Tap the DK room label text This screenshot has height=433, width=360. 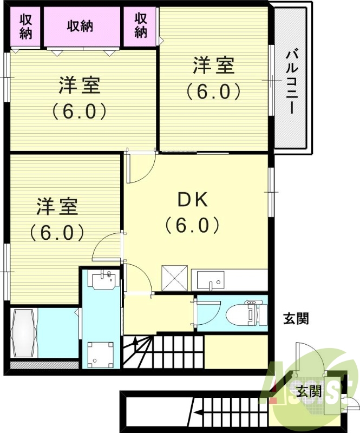(193, 200)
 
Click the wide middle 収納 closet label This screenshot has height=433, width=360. (81, 26)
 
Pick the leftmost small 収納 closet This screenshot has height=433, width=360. (25, 26)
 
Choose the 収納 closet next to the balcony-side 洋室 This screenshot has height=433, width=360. (141, 26)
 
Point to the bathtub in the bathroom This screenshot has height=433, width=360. (23, 333)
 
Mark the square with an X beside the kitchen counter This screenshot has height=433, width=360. (175, 279)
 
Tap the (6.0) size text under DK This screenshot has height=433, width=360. (192, 224)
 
